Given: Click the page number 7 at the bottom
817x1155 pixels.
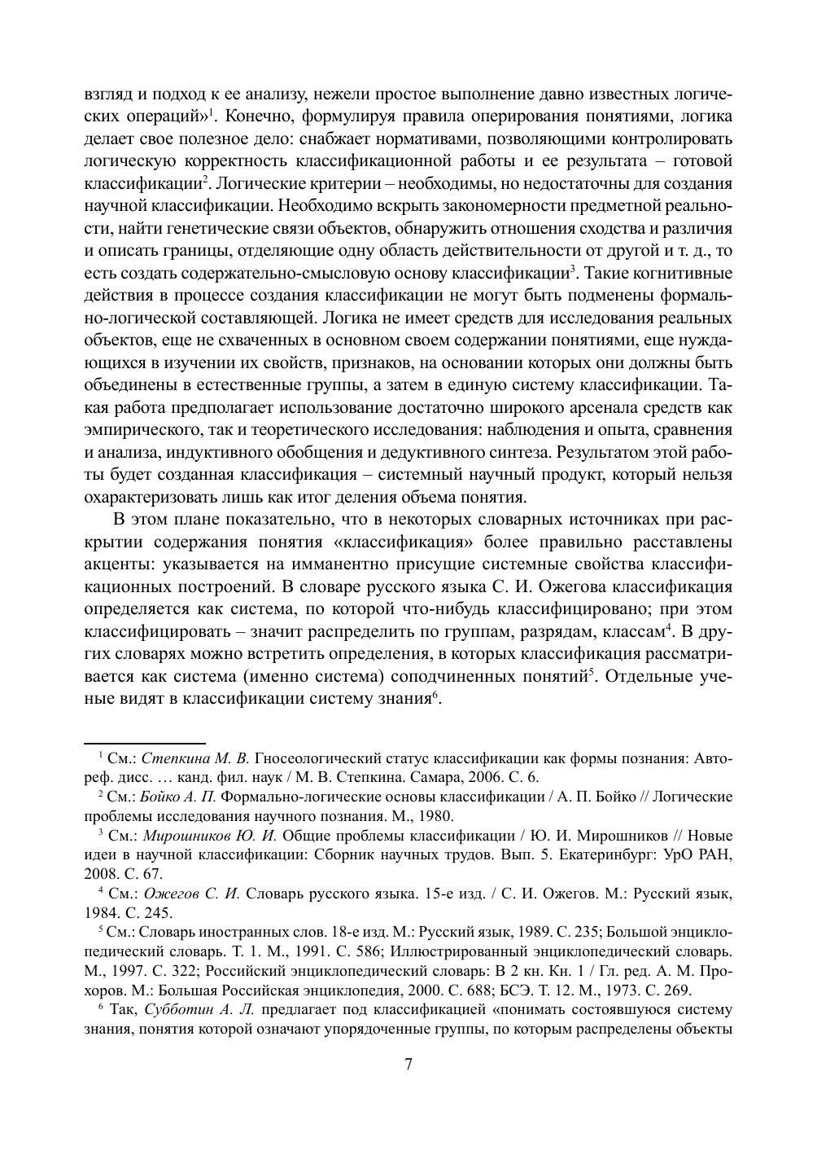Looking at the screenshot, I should [x=408, y=1065].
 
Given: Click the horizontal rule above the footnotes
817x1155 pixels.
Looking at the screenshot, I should [x=145, y=743].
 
